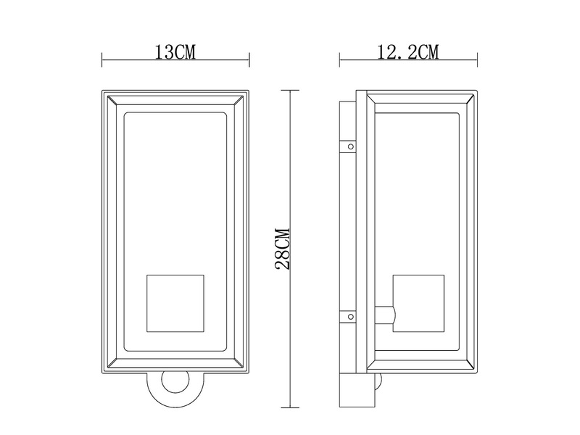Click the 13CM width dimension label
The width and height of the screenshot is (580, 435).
175,52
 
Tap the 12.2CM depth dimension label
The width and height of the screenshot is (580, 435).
409,52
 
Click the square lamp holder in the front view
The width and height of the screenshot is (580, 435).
175,303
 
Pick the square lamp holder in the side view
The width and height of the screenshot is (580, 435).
418,303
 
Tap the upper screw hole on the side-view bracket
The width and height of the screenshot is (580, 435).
350,146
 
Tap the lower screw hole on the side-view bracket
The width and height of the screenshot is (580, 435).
350,316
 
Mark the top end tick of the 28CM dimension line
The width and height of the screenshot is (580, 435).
290,91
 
